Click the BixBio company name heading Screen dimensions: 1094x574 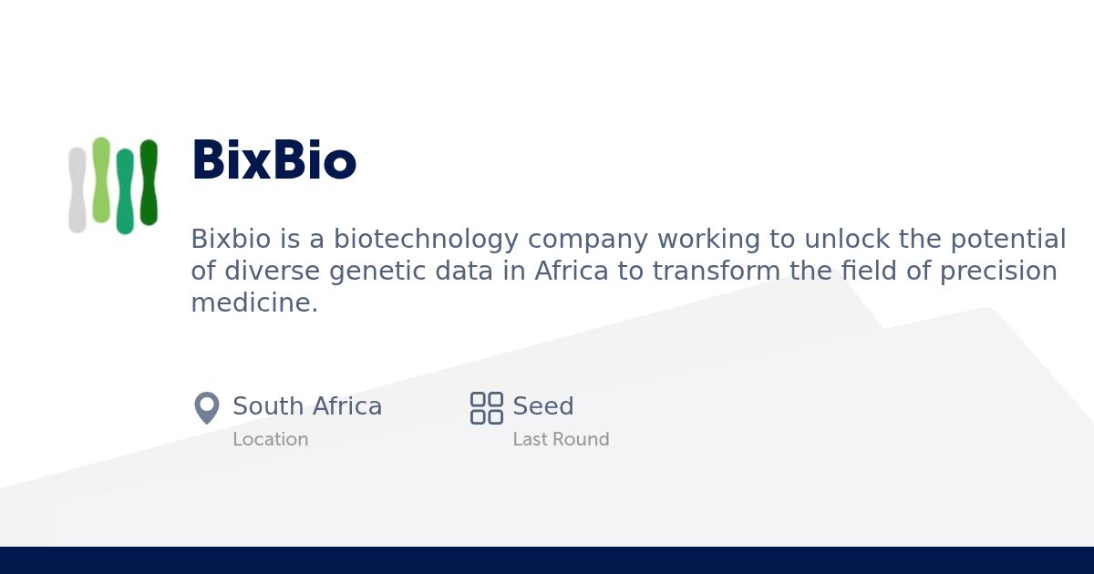[x=274, y=159]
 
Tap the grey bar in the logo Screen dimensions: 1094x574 [x=77, y=190]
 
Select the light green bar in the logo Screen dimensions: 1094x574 [x=101, y=180]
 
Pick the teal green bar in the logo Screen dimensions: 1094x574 [x=125, y=191]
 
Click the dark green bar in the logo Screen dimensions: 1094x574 [x=149, y=182]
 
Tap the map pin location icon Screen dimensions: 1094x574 [x=207, y=407]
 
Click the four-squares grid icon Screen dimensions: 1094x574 [x=487, y=408]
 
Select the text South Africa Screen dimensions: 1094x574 [x=307, y=406]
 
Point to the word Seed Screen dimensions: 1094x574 [x=543, y=406]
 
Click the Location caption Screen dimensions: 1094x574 [x=271, y=439]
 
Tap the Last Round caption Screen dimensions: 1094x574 [x=562, y=439]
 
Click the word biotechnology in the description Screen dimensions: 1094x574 [x=426, y=240]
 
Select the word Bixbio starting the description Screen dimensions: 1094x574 [x=231, y=239]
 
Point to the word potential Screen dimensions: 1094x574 [x=1008, y=240]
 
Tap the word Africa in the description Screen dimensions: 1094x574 [x=572, y=271]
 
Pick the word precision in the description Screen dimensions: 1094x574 [x=999, y=272]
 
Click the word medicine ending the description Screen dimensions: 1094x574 [x=254, y=302]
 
